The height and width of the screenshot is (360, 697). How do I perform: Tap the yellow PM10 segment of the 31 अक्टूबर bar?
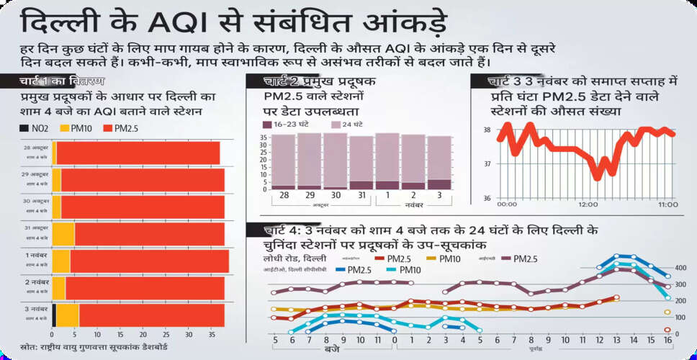(63, 234)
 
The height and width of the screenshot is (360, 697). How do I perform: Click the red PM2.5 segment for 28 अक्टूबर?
(137, 153)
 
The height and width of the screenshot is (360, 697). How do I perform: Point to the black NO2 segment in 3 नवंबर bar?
(54, 315)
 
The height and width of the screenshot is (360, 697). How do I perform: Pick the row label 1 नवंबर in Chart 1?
(37, 256)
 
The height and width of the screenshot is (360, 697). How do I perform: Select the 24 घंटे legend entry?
(350, 125)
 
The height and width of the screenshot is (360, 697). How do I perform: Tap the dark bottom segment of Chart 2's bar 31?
(361, 185)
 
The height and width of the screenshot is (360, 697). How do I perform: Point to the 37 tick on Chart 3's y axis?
(487, 164)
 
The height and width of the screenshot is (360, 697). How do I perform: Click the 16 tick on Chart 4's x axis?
(667, 339)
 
